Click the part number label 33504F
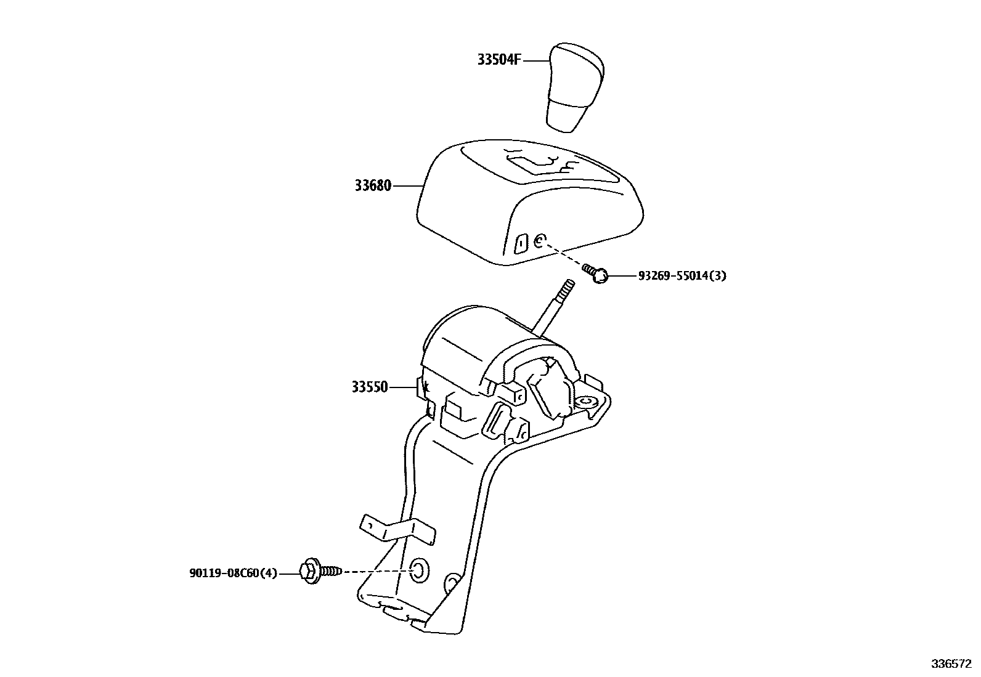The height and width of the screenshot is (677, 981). click(499, 60)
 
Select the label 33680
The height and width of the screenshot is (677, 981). click(373, 185)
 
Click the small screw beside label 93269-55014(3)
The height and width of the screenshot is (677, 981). click(596, 274)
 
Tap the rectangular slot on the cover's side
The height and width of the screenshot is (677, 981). click(520, 245)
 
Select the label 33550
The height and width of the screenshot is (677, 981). click(370, 387)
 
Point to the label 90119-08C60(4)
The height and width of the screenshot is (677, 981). click(233, 574)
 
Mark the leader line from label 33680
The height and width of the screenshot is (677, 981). click(407, 185)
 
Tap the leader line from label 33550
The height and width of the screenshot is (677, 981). click(404, 387)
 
